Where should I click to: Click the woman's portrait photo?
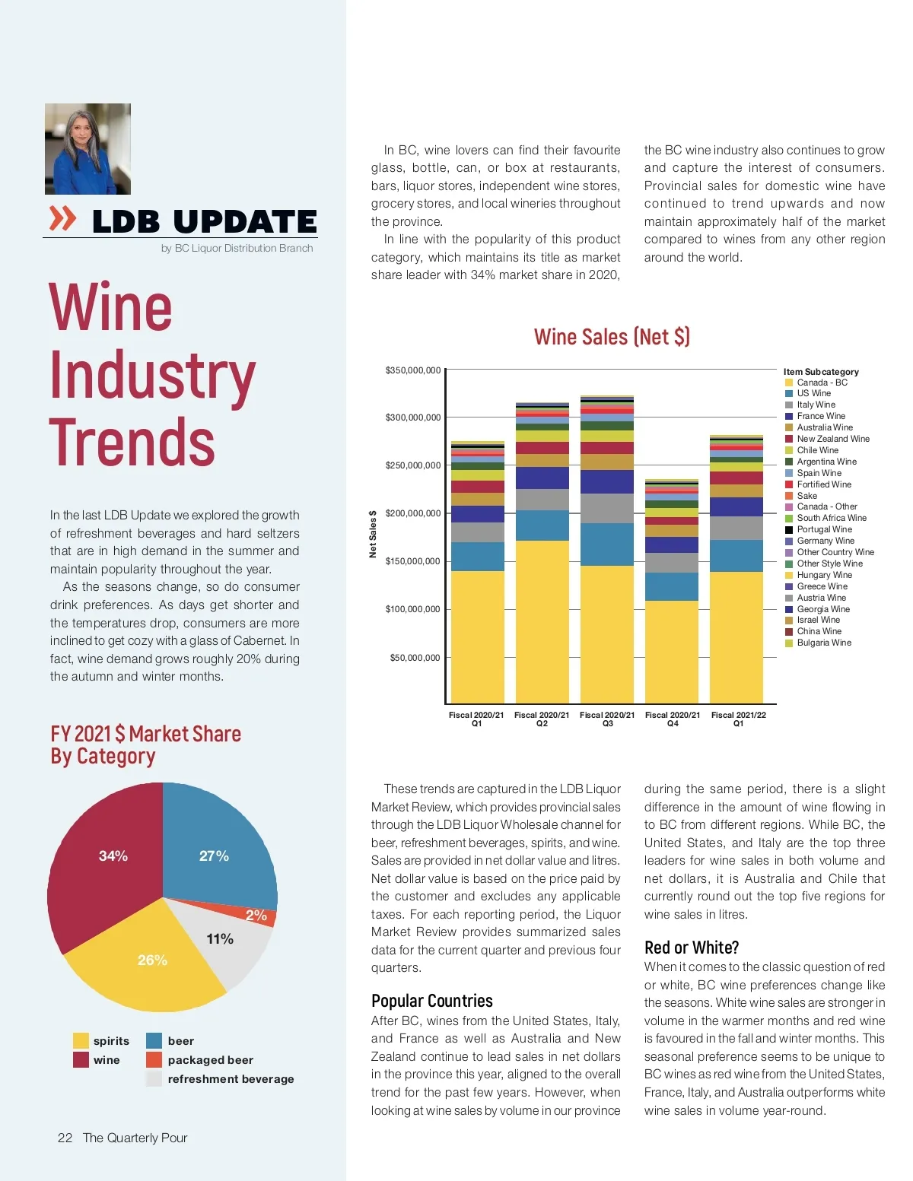87,149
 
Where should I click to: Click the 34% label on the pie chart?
113,856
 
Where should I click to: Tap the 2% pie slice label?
256,915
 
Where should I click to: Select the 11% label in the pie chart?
220,939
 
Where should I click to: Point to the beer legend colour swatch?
154,1040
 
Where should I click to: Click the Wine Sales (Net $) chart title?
612,337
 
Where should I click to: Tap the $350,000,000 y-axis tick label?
412,370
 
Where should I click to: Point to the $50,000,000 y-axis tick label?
415,658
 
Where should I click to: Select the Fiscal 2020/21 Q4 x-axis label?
673,719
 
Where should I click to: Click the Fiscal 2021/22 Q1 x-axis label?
738,719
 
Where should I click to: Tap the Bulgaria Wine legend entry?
823,643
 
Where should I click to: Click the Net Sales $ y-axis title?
373,534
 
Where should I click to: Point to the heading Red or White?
691,948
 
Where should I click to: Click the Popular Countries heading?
431,1001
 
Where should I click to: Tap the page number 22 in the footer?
65,1138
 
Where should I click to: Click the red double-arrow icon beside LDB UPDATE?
63,218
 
